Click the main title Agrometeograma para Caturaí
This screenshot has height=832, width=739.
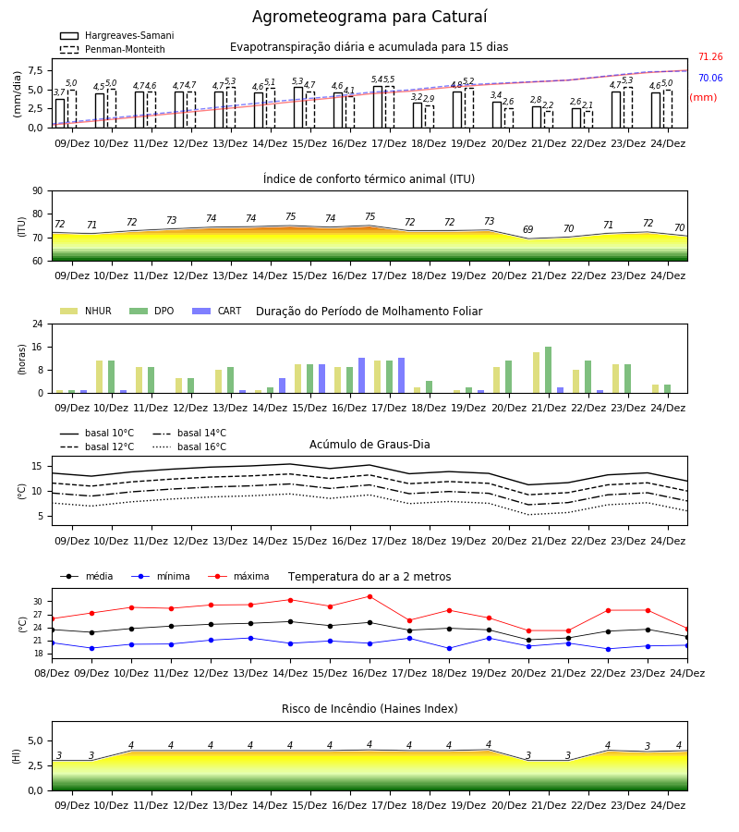369,17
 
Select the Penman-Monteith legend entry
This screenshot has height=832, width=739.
113,49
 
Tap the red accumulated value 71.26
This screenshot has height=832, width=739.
710,56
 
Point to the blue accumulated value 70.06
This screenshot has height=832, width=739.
710,78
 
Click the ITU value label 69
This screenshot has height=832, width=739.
528,229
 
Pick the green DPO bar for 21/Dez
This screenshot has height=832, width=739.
548,370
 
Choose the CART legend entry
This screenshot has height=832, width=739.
217,311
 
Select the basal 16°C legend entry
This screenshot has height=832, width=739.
189,447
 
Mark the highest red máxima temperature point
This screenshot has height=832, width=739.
370,596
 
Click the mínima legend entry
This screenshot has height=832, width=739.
161,576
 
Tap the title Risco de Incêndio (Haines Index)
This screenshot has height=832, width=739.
369,709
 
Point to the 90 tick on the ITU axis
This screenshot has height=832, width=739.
38,191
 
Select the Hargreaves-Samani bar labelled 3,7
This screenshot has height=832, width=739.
60,114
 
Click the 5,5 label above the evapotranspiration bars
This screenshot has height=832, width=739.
389,80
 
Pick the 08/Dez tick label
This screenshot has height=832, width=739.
52,673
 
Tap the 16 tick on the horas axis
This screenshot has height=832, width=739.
38,347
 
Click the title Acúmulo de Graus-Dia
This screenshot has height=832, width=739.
369,444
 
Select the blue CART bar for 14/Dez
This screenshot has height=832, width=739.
282,385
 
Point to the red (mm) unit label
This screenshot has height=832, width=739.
703,98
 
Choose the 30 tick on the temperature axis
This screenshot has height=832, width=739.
38,602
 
